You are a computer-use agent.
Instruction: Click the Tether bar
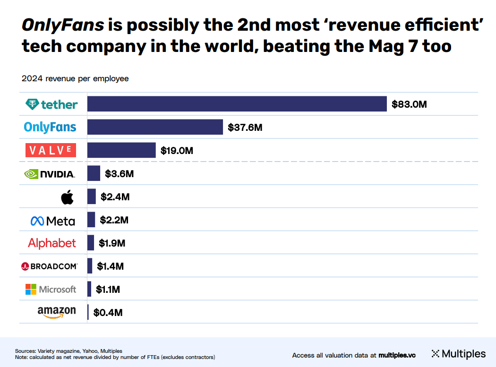(237, 104)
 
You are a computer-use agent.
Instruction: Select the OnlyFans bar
(155, 127)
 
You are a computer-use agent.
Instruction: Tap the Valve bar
(121, 150)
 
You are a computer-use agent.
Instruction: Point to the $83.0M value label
(409, 104)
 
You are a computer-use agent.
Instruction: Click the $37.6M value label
(245, 128)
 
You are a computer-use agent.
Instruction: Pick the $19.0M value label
(177, 151)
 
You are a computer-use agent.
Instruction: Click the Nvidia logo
(50, 174)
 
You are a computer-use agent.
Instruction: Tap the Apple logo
(68, 197)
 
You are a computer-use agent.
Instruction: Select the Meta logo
(53, 220)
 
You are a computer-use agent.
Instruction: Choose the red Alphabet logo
(52, 243)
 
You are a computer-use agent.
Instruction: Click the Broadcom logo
(50, 266)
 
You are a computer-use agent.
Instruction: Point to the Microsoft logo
(51, 289)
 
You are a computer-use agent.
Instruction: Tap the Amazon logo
(57, 312)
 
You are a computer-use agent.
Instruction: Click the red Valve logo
(51, 151)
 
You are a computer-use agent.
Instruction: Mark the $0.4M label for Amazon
(108, 313)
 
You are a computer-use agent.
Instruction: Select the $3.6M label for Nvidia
(119, 174)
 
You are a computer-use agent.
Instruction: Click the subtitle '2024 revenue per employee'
(75, 79)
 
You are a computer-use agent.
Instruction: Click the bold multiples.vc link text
(397, 355)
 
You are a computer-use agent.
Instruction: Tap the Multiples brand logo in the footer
(458, 354)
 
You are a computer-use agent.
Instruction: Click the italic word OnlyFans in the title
(63, 25)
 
